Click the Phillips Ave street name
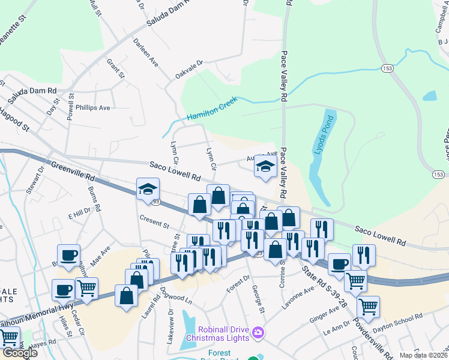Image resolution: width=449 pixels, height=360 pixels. coord(93,108)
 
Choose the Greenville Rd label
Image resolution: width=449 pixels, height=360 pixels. coord(73,170)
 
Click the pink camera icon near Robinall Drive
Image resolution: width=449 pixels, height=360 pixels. coord(258,332)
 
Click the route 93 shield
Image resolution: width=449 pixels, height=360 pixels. coord(156,202)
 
